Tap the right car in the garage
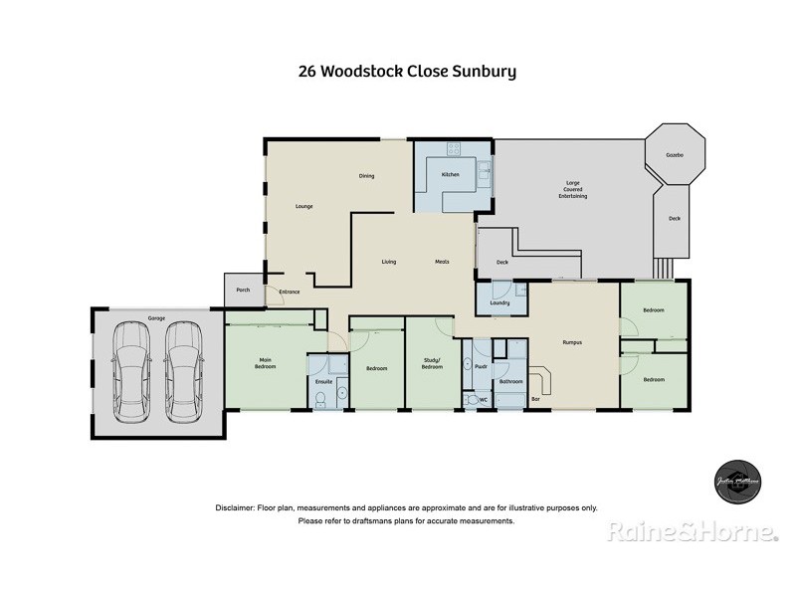pos(183,371)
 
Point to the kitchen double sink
pos(485,175)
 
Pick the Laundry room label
pos(499,302)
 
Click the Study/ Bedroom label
pos(431,364)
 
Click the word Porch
pos(242,290)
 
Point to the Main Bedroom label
pos(266,363)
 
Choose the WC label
pos(483,400)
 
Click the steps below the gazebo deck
pos(663,269)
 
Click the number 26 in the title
pos(308,72)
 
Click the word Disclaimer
pos(235,507)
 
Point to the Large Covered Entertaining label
pos(572,189)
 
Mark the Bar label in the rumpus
pos(535,399)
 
